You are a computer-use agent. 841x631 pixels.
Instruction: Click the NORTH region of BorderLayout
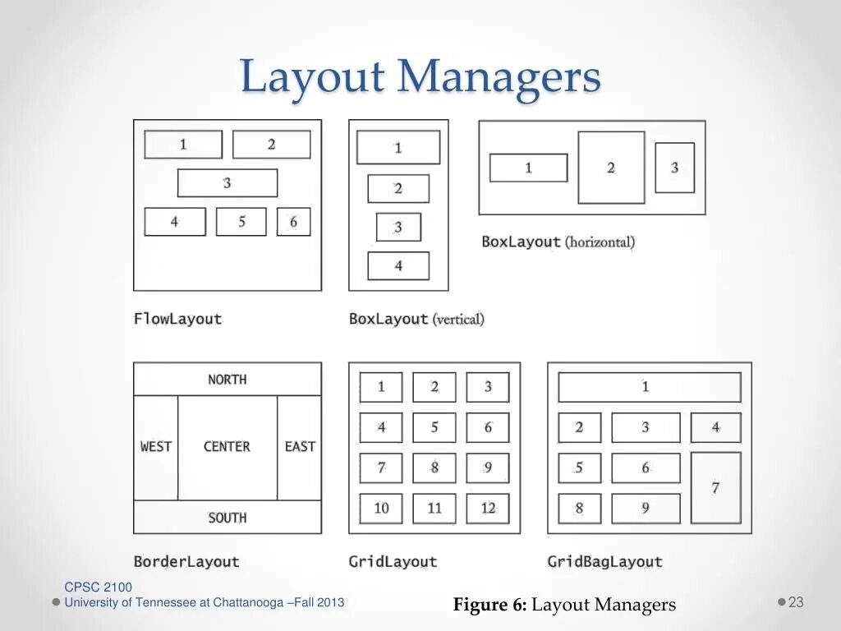click(227, 380)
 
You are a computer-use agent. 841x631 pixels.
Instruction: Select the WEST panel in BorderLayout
click(156, 447)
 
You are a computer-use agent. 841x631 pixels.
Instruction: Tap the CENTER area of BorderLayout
click(227, 447)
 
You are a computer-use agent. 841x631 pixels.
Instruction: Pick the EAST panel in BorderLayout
click(300, 447)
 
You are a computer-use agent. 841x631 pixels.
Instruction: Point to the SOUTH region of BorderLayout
click(227, 518)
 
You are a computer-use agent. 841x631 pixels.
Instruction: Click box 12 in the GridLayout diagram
click(488, 509)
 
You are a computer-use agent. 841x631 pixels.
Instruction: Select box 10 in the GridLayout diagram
click(381, 509)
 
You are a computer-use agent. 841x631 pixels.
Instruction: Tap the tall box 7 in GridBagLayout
click(715, 487)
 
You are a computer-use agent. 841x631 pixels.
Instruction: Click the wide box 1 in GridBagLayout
click(649, 387)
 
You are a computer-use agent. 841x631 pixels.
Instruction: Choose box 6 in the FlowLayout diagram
click(293, 222)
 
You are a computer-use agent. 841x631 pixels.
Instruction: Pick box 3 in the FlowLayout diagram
click(227, 183)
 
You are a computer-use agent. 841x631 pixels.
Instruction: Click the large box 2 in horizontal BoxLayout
click(611, 168)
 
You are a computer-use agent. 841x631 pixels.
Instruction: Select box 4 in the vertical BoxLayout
click(398, 266)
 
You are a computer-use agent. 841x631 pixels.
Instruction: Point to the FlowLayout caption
click(177, 319)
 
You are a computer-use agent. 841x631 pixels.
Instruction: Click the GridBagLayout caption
click(604, 562)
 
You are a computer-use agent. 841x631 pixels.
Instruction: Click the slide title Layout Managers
click(420, 78)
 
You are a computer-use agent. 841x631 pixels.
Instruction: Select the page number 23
click(796, 602)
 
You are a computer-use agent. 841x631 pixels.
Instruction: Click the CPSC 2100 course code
click(98, 587)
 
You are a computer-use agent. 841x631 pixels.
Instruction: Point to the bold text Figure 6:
click(489, 606)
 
